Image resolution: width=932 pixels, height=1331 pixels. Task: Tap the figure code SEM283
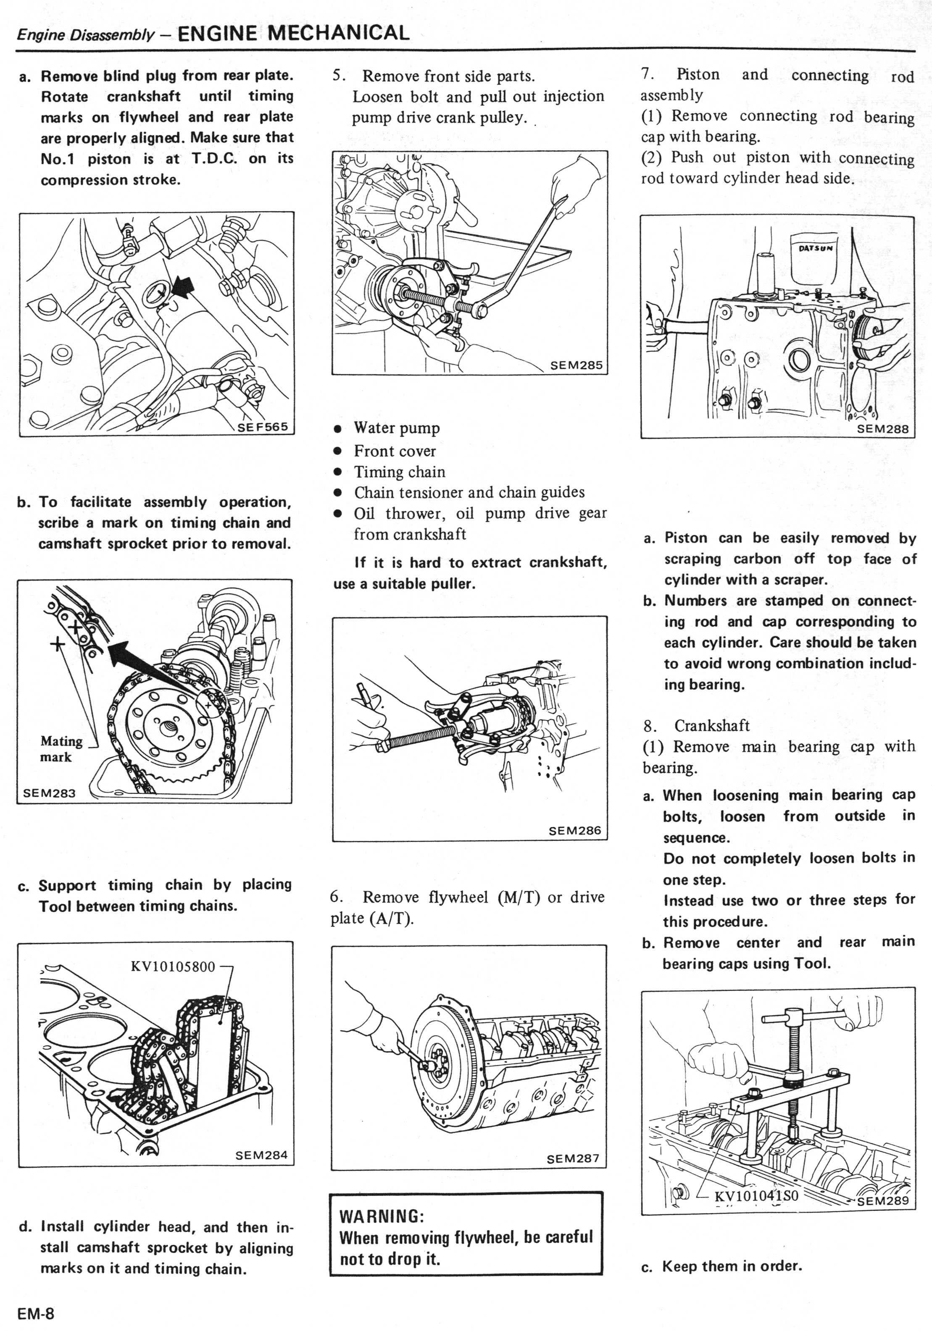pyautogui.click(x=49, y=793)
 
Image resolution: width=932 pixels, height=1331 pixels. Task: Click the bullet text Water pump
pyautogui.click(x=397, y=428)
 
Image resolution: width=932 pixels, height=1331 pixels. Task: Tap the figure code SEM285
pyautogui.click(x=576, y=365)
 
